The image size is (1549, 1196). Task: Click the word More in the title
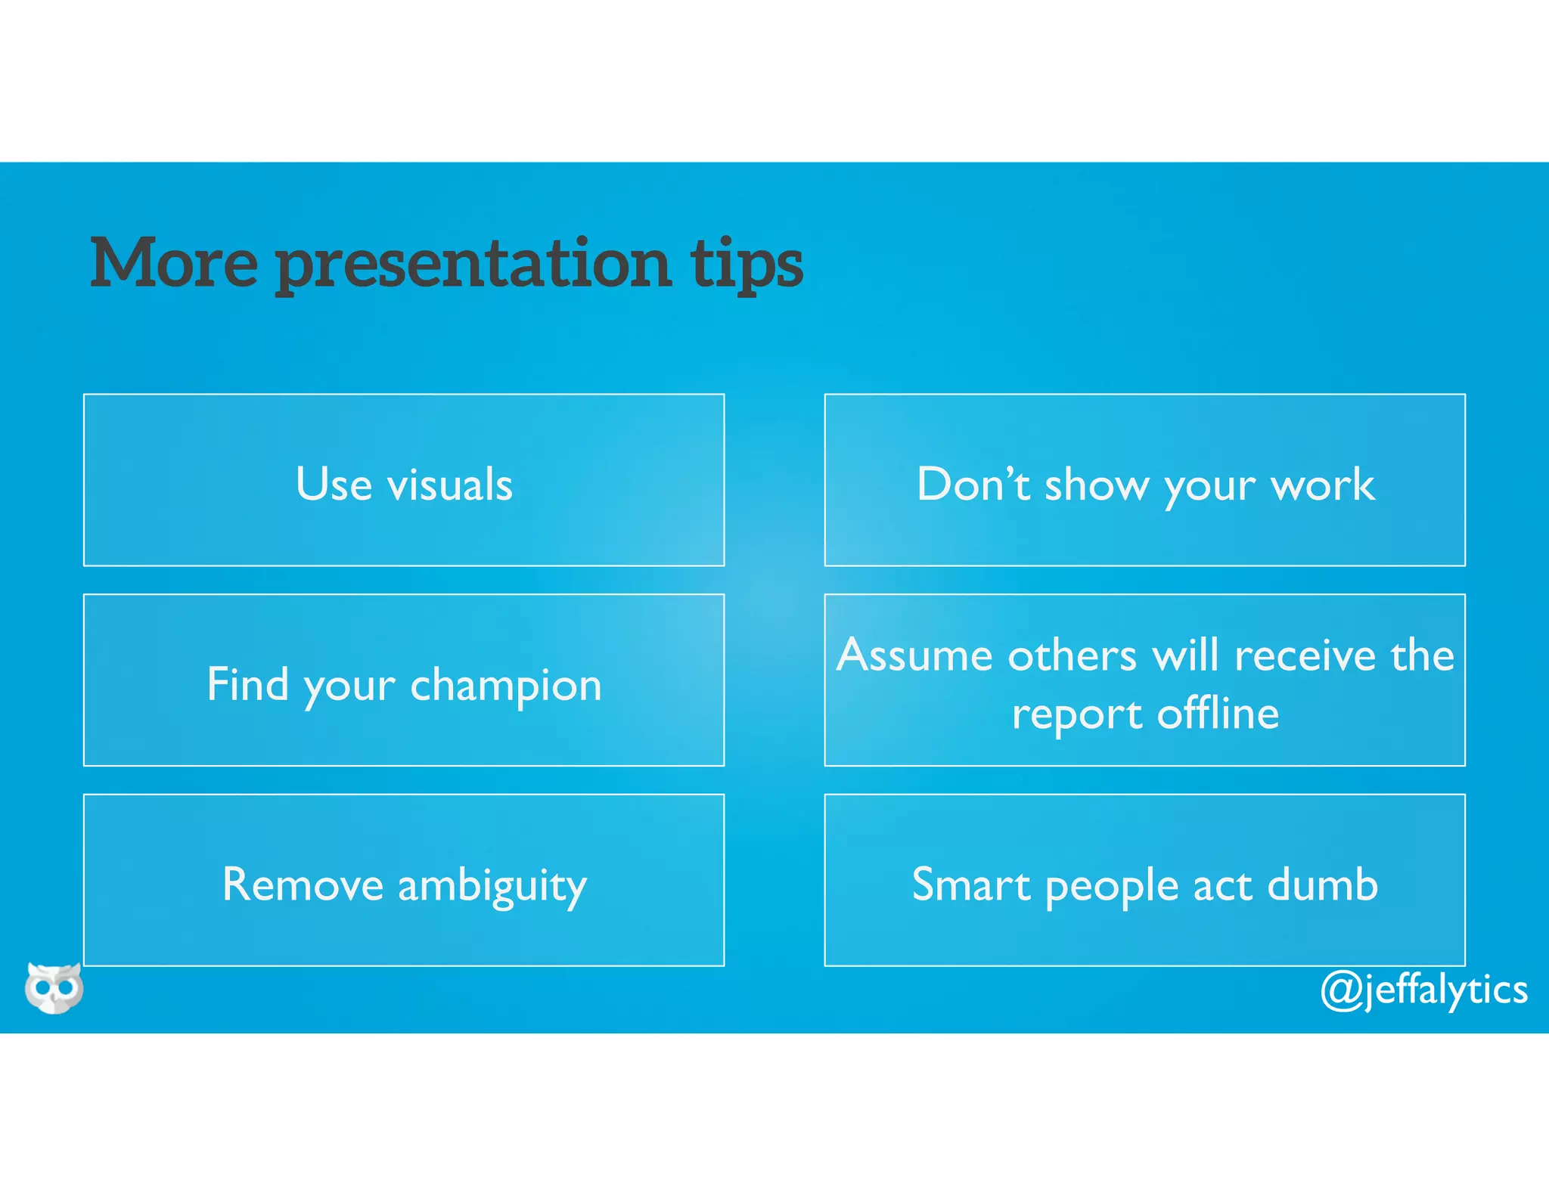coord(174,263)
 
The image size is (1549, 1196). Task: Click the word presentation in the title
coord(473,265)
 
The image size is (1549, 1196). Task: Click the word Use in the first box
coord(334,484)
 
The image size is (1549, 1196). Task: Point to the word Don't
coord(973,484)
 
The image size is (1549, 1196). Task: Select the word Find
coord(247,684)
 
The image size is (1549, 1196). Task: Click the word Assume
coord(911,655)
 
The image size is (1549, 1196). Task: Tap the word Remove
coord(303,885)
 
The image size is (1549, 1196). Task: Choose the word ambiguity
coord(492,886)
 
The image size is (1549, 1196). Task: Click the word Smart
coord(970,885)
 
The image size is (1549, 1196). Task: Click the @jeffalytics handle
coord(1423,990)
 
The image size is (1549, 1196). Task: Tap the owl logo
coord(54,987)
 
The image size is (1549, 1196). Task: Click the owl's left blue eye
coord(42,988)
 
